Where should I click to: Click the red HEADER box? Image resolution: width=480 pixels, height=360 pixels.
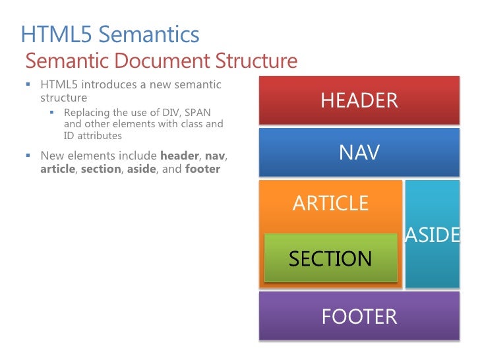coord(359,100)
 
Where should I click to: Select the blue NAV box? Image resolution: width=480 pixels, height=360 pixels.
coord(359,153)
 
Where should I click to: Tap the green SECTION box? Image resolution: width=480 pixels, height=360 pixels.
coord(330,258)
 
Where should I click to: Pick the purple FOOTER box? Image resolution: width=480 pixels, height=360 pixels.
coord(359,316)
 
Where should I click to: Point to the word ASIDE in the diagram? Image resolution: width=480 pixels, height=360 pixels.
coord(433,235)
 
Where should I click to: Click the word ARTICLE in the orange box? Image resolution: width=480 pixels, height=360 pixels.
coord(330,203)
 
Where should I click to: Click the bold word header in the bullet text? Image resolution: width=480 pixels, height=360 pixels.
coord(179,156)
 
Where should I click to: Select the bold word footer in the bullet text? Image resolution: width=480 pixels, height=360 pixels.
coord(202,169)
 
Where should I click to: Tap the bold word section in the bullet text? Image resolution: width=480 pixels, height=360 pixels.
coord(101,169)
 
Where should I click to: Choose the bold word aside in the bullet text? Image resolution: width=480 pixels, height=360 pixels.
coord(139,169)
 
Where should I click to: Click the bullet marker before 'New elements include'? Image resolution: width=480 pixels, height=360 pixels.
coord(28,156)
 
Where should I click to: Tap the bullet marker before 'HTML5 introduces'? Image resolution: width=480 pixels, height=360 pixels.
coord(28,85)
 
